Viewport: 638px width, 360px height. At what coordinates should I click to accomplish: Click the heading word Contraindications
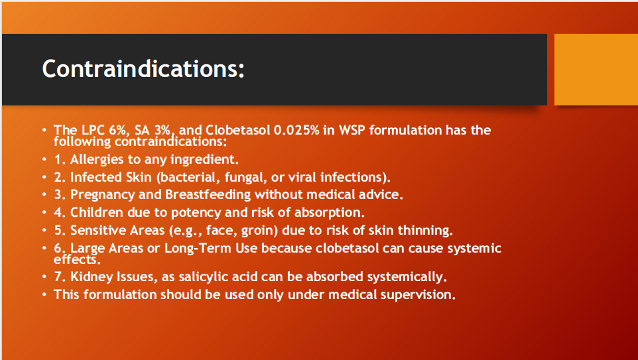click(x=143, y=68)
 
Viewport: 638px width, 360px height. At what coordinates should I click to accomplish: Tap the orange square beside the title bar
click(x=596, y=69)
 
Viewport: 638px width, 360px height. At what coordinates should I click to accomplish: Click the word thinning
click(x=426, y=231)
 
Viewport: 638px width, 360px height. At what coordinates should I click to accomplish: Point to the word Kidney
click(x=91, y=276)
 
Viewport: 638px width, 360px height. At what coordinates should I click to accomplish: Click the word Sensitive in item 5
click(x=99, y=231)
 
